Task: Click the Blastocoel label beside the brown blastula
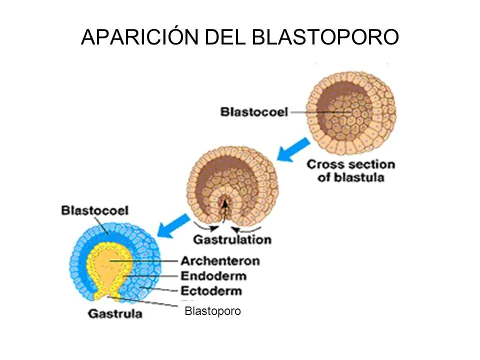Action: (254, 112)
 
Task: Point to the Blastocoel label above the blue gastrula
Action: (94, 210)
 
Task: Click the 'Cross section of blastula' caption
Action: (350, 170)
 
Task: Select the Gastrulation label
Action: (232, 239)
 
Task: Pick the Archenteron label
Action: (220, 260)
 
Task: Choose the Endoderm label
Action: (213, 276)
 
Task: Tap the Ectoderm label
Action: (211, 291)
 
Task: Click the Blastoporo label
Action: (212, 311)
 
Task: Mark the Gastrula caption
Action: (115, 314)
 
